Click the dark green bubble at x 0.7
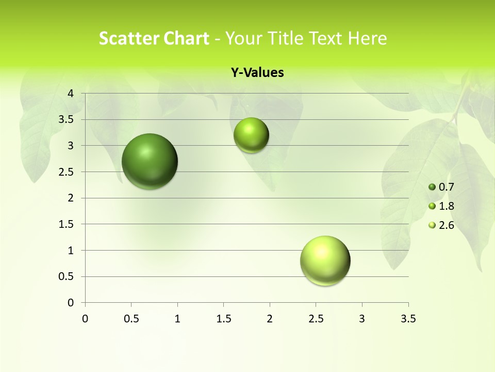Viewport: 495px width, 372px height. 150,161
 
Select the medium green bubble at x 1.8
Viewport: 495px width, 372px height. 251,135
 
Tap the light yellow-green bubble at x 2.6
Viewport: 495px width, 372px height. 325,260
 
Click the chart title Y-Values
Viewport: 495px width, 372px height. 257,73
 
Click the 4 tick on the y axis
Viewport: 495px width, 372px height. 71,94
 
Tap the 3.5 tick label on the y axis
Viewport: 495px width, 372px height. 66,119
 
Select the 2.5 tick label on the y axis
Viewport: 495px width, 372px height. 66,172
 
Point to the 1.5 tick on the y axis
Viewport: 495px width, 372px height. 66,224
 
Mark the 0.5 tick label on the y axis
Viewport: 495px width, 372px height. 66,276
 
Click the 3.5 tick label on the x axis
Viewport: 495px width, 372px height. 408,319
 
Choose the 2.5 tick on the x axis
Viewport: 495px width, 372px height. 316,319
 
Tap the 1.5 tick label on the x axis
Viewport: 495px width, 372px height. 223,319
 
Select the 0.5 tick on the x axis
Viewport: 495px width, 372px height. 131,319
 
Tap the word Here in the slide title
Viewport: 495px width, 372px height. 367,38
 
